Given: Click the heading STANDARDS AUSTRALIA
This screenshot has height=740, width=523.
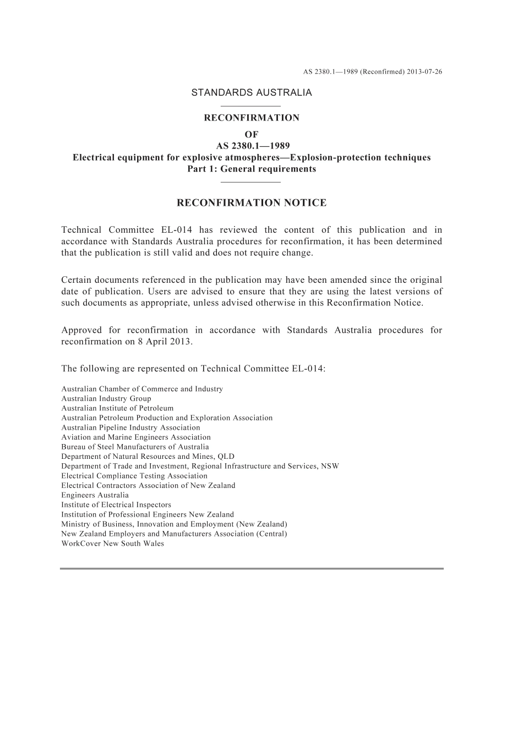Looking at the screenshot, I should (251, 92).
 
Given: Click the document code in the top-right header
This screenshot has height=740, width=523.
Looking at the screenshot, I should (373, 72).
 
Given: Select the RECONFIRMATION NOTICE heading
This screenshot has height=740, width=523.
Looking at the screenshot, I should (251, 203).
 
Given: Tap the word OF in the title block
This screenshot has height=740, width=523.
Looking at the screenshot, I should (251, 134).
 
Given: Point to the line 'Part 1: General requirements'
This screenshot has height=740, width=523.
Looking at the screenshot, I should (252, 169).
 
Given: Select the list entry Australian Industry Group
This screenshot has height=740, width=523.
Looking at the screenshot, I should (106, 398).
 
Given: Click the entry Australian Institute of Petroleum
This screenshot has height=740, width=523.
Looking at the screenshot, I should (117, 408).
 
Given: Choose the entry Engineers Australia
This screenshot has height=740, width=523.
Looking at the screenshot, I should (95, 495).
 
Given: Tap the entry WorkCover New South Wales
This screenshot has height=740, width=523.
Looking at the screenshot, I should (112, 544).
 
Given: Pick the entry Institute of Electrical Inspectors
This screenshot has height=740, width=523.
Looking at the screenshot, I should (116, 505).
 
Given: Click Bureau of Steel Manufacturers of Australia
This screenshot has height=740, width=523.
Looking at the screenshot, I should (135, 447).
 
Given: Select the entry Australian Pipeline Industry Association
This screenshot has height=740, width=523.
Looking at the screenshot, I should (130, 427).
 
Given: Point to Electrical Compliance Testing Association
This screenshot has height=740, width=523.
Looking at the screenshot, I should (134, 476).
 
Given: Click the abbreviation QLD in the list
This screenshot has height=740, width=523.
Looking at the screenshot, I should (226, 457).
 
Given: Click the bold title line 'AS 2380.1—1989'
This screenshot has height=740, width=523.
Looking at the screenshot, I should (251, 146).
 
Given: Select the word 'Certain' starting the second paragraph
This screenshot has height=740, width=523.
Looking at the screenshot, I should (76, 280).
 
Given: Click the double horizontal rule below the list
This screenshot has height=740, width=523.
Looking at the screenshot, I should (251, 568).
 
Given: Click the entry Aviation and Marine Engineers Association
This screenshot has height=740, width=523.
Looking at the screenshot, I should (136, 437).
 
